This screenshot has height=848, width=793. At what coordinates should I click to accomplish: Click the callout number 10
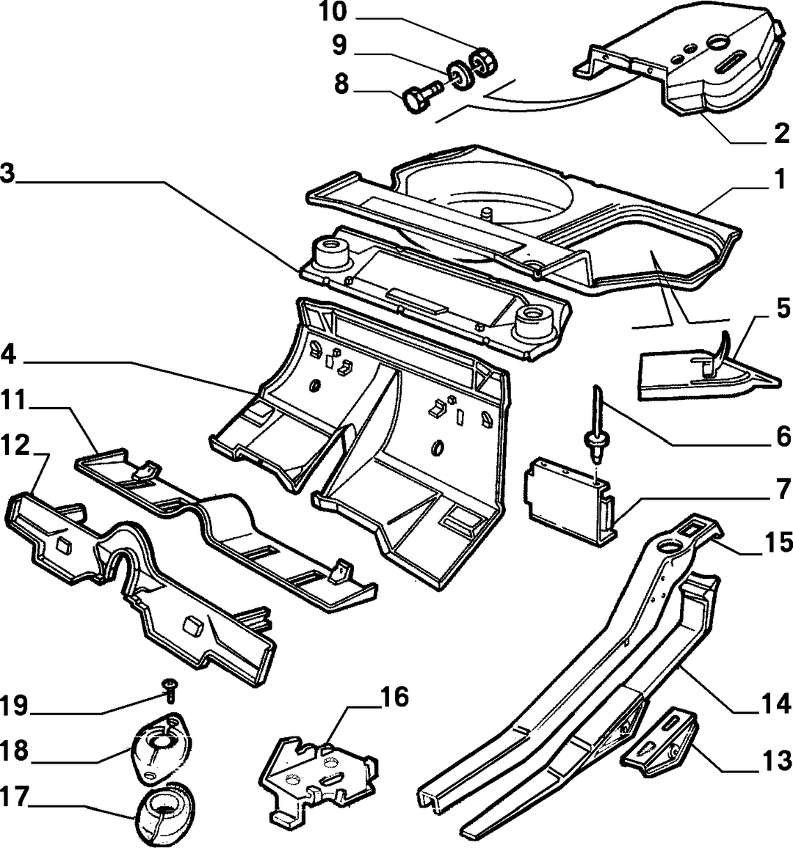tap(333, 12)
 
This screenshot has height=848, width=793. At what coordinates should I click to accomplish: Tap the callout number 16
tap(394, 697)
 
